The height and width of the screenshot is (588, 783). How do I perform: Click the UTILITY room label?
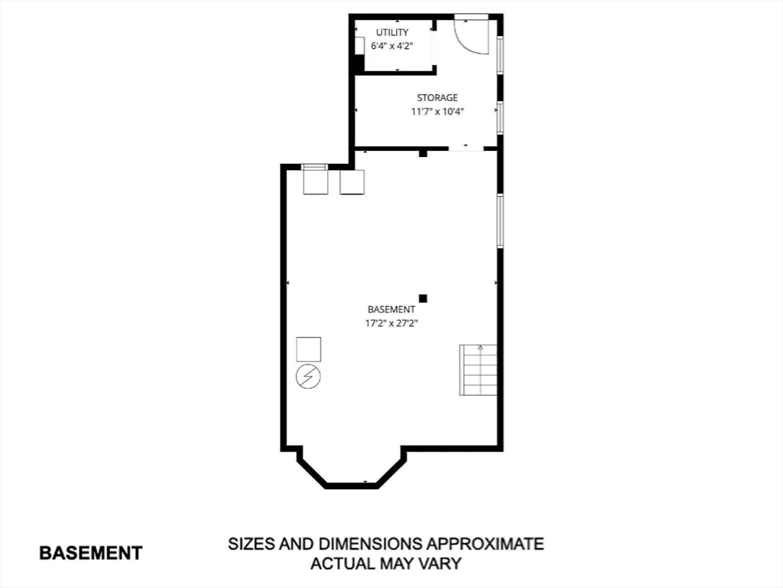pos(392,32)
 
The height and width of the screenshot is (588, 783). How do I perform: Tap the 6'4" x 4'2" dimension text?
pos(392,46)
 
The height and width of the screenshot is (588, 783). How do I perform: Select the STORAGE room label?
pos(437,98)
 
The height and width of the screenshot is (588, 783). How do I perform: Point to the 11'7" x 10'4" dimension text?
pos(437,112)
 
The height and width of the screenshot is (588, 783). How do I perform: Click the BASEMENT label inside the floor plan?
pos(391,309)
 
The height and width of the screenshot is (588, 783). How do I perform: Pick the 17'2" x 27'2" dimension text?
pos(391,323)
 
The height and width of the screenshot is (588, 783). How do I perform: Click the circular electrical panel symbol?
pos(308,377)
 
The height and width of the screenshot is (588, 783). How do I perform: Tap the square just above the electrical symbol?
pos(309,349)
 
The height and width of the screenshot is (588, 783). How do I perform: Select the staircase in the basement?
pos(479,370)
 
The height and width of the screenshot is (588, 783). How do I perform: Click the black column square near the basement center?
pos(423,299)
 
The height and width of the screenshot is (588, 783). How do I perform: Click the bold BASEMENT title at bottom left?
pos(91,553)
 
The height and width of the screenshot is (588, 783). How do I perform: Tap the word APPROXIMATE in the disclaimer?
pos(485,544)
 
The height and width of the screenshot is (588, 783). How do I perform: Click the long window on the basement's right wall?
pos(500,220)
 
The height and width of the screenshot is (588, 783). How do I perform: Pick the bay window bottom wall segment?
pos(352,485)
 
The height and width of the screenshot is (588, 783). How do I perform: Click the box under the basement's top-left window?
pos(316,182)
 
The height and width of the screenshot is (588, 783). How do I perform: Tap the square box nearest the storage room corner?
pos(352,182)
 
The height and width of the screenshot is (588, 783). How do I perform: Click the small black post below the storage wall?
pos(423,153)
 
